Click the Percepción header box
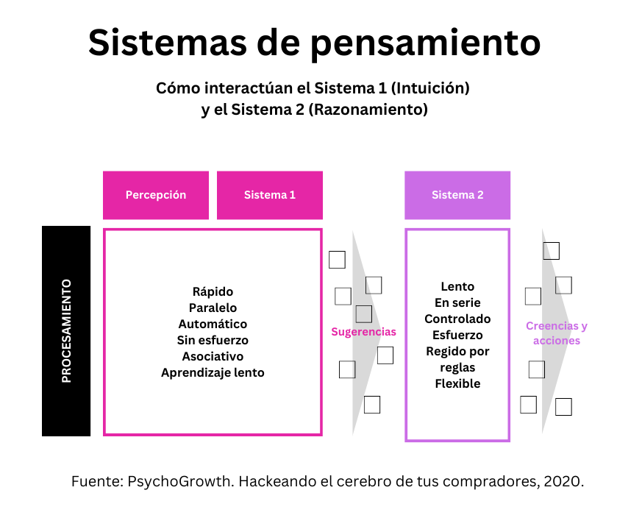pos(156,195)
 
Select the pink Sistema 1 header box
pos(270,195)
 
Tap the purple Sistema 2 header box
pos(457,195)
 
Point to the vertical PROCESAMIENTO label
pos(66,330)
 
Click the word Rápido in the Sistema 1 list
pos(213,291)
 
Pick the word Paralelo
pos(213,308)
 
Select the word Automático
pos(213,324)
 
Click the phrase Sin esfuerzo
pos(213,340)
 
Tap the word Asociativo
pos(213,356)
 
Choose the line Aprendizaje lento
pos(213,372)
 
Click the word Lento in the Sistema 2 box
pos(457,286)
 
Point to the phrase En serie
pos(457,302)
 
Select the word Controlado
pos(457,319)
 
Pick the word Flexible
pos(457,383)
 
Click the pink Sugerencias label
pos(363,332)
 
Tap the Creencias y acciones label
pos(557,333)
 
